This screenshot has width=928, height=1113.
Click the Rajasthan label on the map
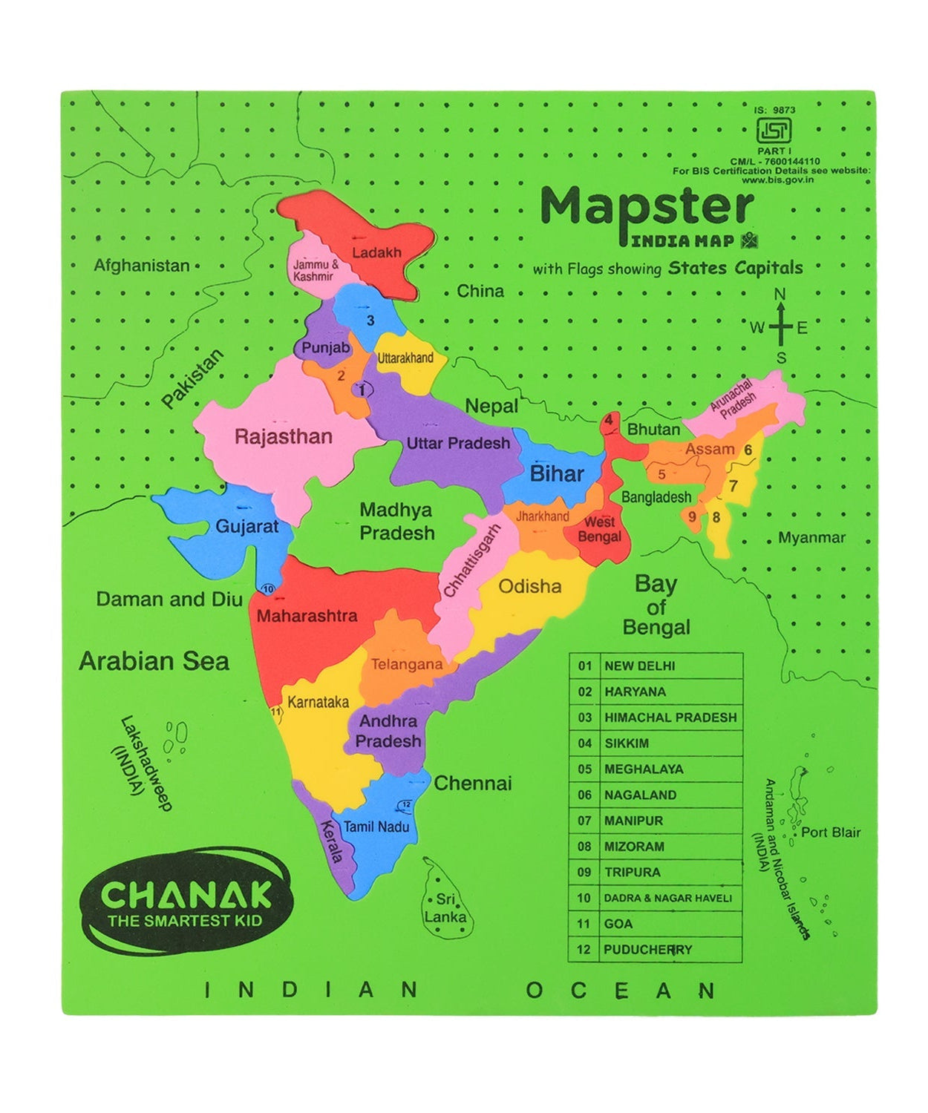283,436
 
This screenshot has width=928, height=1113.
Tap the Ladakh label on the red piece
376,252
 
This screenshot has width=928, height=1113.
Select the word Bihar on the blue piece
557,474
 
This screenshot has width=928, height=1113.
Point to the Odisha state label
529,586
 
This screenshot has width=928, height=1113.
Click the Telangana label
406,664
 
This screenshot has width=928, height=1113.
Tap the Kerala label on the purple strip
331,841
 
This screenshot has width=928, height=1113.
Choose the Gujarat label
246,526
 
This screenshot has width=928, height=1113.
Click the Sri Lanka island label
445,908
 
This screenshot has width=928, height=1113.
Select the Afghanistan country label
142,265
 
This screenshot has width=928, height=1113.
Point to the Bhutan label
653,429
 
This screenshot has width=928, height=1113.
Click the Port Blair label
830,832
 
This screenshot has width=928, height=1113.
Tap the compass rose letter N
780,295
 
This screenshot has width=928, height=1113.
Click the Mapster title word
647,207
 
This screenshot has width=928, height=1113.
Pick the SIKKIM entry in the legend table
627,743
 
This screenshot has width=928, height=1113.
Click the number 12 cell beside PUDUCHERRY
584,949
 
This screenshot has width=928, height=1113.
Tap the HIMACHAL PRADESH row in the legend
670,718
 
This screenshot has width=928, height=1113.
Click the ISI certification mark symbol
773,131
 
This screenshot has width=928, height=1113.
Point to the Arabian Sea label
154,660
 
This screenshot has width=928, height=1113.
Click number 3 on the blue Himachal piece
370,321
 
